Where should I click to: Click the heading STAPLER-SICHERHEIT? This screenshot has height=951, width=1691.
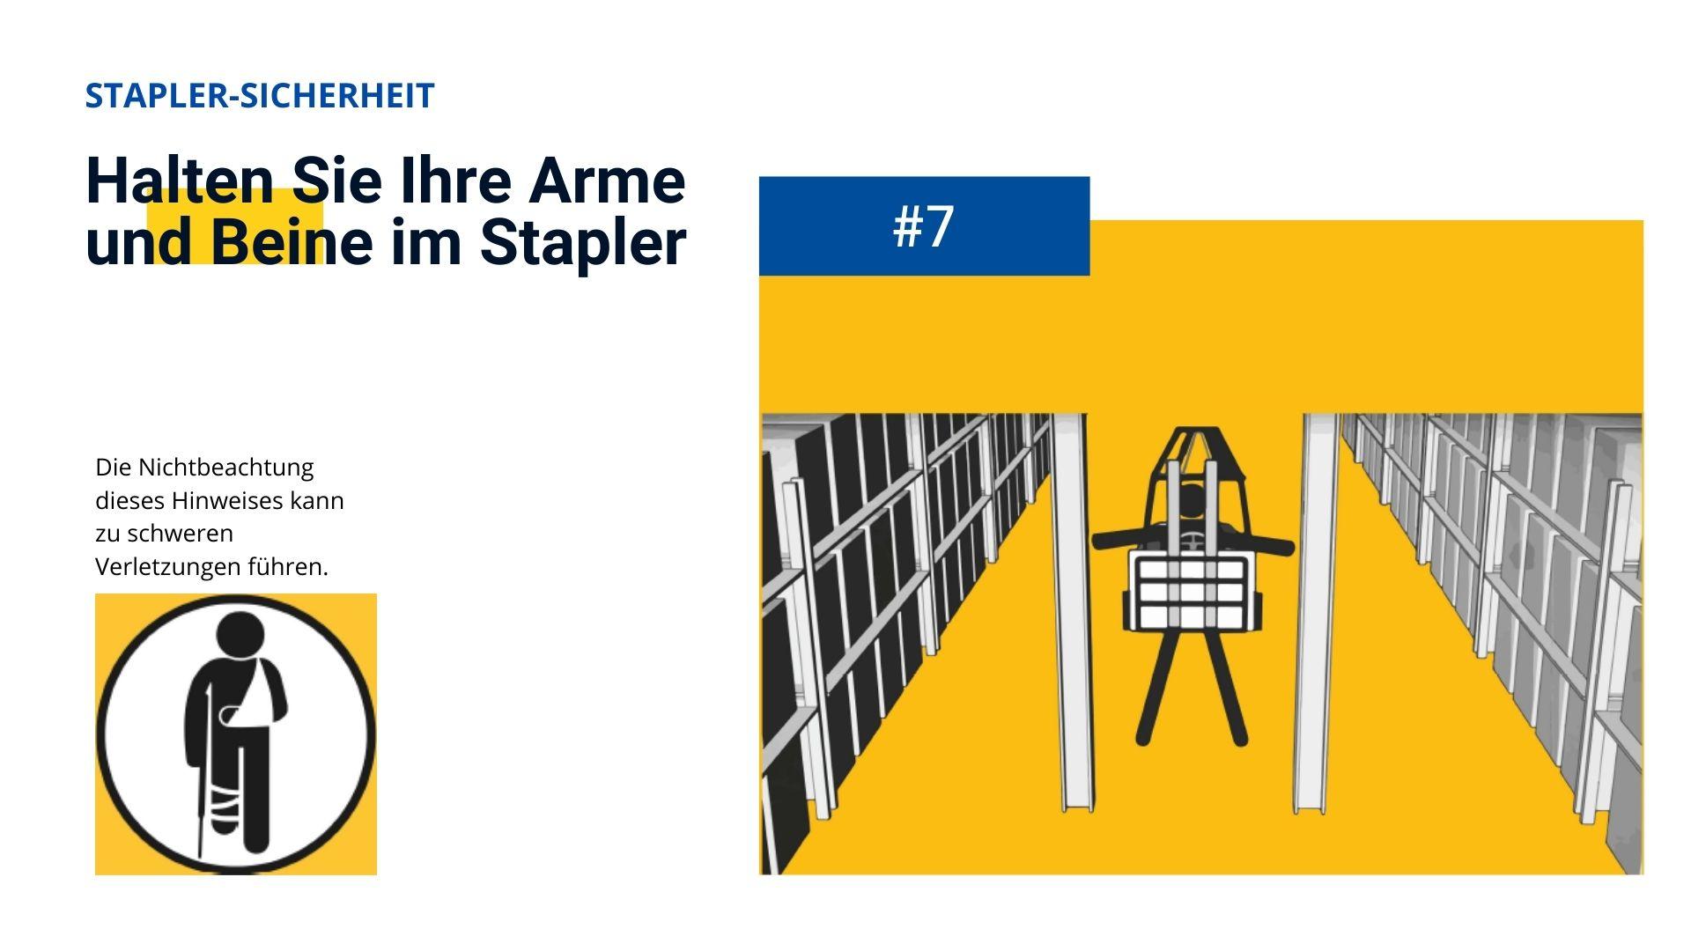point(260,95)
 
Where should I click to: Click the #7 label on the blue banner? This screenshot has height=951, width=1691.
point(923,226)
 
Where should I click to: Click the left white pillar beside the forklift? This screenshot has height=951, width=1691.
point(1071,612)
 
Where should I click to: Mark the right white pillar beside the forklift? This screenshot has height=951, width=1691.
point(1318,612)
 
